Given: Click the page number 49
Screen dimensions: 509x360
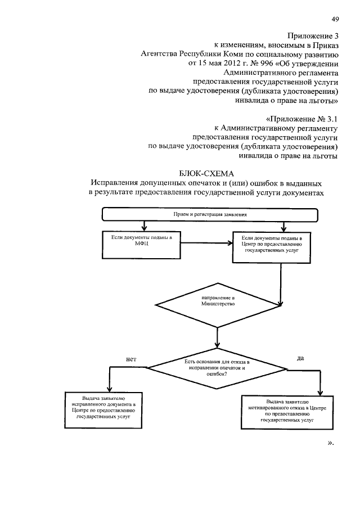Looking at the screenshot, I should point(335,20).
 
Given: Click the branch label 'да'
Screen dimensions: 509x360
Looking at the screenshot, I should point(300,357).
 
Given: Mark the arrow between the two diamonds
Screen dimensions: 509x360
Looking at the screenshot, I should point(217,337).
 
